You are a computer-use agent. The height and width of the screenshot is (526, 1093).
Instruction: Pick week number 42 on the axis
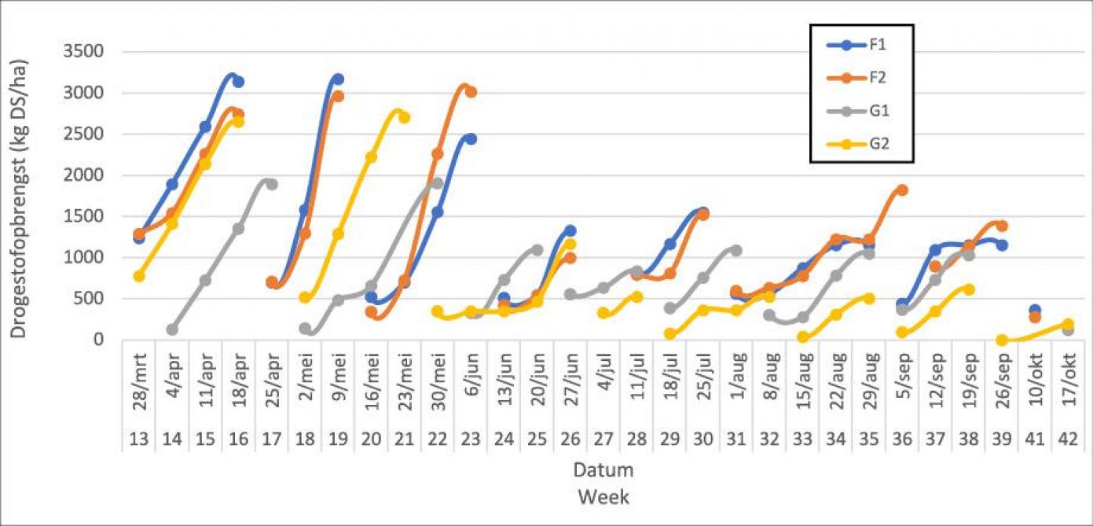click(1068, 441)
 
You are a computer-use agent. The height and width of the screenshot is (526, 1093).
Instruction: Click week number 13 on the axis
click(139, 441)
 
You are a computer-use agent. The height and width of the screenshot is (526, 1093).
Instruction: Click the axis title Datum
click(603, 470)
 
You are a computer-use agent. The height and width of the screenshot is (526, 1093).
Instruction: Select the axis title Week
click(603, 497)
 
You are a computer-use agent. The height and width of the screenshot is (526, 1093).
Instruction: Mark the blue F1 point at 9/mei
click(338, 79)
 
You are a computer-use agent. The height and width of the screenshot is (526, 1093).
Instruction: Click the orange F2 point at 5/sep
click(902, 190)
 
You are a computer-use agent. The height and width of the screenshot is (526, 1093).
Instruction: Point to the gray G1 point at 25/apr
click(272, 184)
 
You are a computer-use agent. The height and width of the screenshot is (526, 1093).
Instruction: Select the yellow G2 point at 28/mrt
click(139, 276)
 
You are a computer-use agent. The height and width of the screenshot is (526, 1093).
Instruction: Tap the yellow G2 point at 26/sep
click(1002, 340)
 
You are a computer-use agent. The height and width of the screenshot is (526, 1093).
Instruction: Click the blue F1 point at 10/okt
click(1035, 311)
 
